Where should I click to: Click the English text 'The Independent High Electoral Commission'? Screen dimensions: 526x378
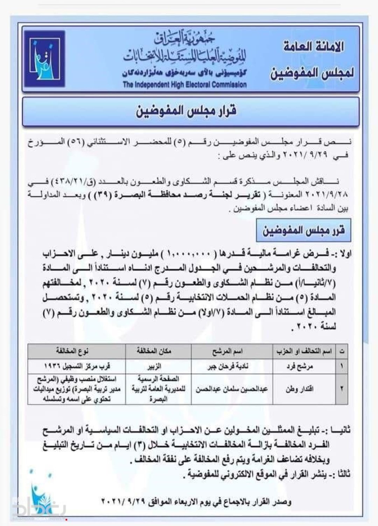(184, 85)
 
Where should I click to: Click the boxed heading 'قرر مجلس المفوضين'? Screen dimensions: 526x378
(303, 230)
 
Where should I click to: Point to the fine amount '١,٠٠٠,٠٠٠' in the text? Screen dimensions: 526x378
(189, 253)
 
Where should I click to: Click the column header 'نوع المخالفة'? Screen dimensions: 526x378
(72, 351)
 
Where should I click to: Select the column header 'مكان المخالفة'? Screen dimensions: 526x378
(154, 351)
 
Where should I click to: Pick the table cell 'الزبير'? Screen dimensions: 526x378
(154, 366)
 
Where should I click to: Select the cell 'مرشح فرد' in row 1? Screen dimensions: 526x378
(299, 366)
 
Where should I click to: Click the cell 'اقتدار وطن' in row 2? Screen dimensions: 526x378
(299, 389)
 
